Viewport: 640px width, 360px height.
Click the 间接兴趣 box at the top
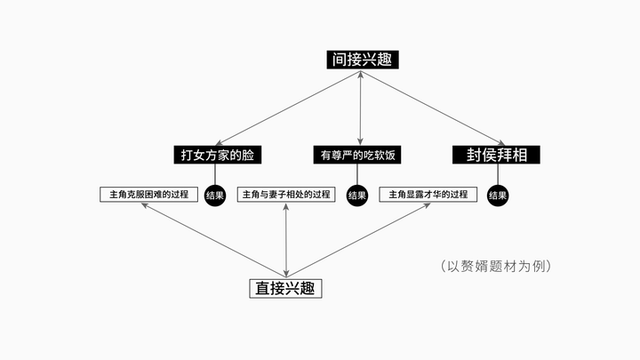(361, 60)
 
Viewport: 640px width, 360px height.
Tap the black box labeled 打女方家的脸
(217, 155)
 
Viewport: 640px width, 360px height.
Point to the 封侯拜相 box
(497, 155)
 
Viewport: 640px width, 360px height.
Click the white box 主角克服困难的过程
(148, 195)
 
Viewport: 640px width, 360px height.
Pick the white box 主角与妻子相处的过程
(286, 195)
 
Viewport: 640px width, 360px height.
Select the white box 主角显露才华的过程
(428, 195)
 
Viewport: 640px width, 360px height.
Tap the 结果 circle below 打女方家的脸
(215, 196)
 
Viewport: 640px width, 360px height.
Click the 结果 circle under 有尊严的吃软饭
(357, 196)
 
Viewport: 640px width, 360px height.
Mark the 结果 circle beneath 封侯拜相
(498, 196)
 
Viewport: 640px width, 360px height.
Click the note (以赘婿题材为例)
(496, 266)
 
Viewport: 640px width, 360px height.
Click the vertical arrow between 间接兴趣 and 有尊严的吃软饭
(359, 107)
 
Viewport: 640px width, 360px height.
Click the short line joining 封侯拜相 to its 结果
(498, 175)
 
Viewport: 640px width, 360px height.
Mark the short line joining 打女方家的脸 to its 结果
(215, 175)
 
